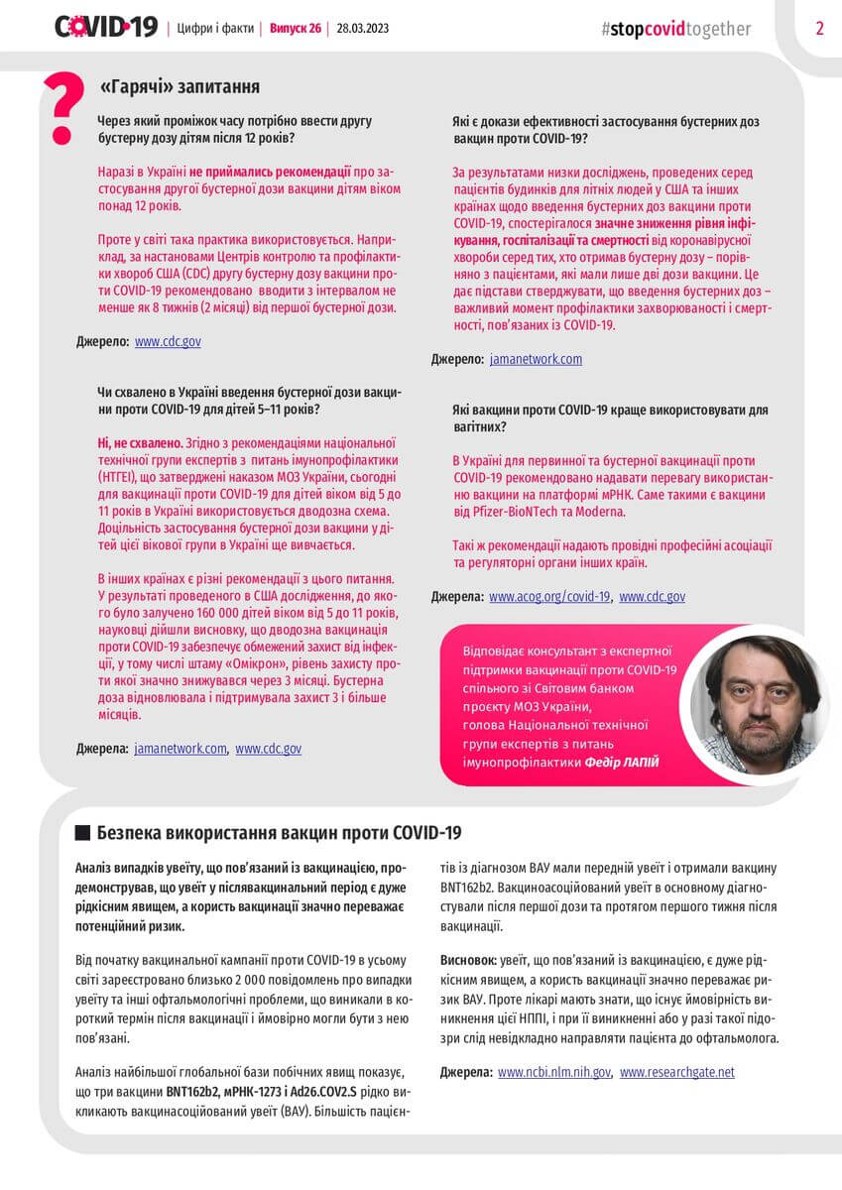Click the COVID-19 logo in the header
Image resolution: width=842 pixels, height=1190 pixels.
(x=106, y=28)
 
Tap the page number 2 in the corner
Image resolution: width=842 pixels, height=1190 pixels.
(x=819, y=28)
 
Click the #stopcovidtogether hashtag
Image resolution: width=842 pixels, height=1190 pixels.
(x=675, y=29)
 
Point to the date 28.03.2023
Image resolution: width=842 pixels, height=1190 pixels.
(x=363, y=28)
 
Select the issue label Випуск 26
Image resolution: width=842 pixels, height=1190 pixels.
(x=296, y=28)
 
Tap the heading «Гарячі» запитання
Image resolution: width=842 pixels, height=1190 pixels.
(x=180, y=87)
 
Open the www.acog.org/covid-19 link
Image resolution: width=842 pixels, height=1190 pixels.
(x=549, y=597)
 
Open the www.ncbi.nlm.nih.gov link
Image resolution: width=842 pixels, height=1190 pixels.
(x=554, y=1072)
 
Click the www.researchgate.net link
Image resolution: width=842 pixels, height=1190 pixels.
(x=677, y=1072)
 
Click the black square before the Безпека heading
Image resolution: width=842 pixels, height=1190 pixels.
(x=82, y=832)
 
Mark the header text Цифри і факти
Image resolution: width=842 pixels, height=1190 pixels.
(x=214, y=28)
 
